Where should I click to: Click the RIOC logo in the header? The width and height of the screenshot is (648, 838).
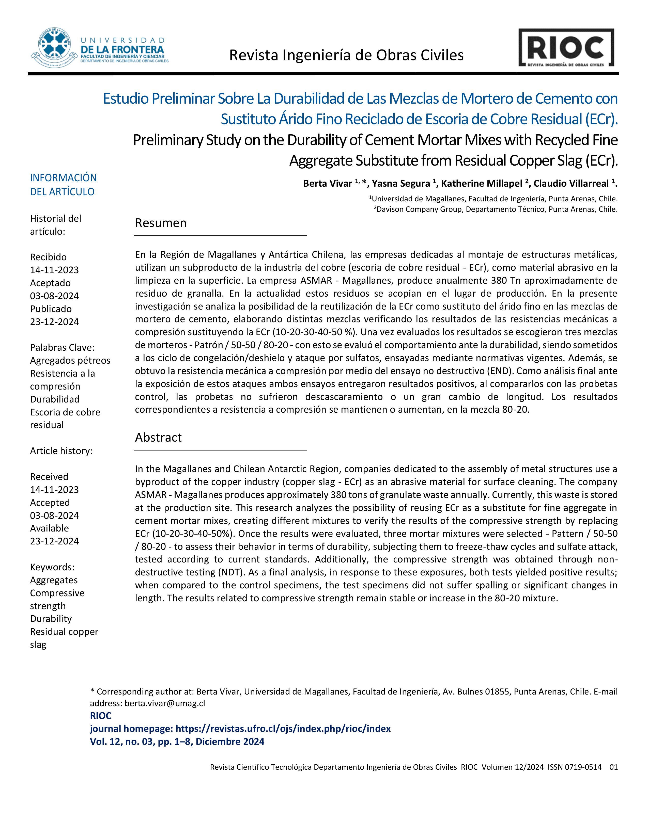[566, 47]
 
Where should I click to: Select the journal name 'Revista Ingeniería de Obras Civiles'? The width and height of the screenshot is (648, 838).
[346, 56]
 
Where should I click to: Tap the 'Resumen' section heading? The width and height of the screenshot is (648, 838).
[160, 223]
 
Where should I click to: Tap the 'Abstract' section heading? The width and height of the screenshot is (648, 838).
[158, 438]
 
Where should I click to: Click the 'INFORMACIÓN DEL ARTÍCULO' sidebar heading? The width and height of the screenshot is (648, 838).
[63, 185]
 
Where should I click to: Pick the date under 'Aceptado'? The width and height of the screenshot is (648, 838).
[55, 296]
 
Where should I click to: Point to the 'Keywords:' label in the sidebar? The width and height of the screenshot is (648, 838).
[52, 567]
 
